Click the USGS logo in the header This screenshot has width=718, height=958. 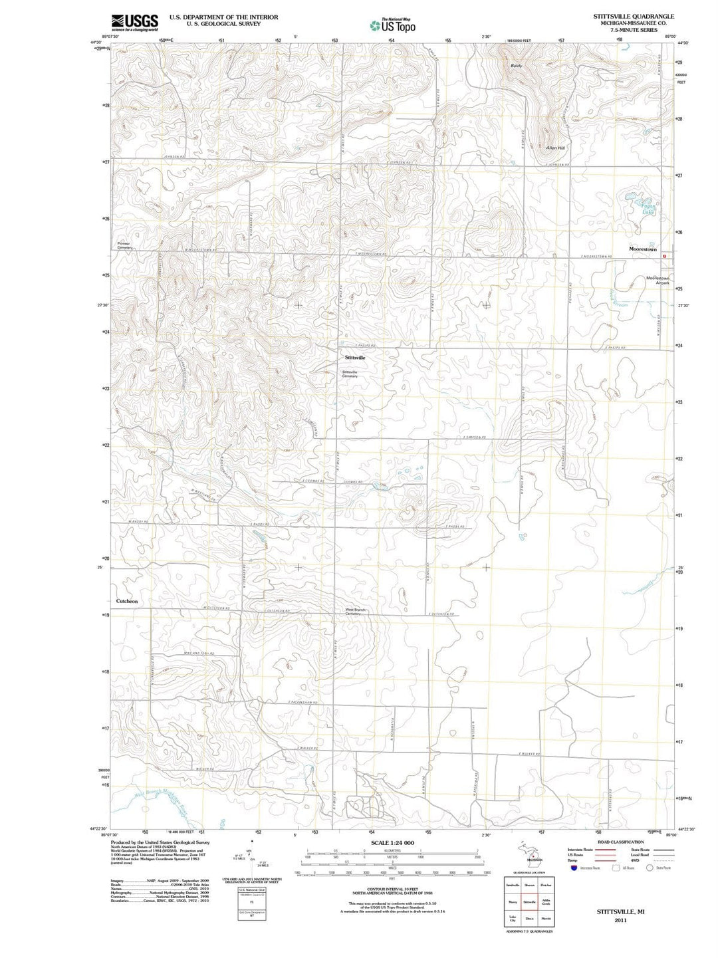(x=134, y=23)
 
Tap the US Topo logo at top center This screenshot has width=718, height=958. (x=393, y=25)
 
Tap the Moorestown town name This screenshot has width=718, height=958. (x=642, y=249)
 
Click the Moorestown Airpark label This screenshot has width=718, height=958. (x=658, y=281)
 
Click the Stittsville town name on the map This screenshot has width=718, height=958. (x=355, y=358)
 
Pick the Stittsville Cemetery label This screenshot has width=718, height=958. (x=350, y=374)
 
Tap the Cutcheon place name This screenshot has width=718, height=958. (x=127, y=601)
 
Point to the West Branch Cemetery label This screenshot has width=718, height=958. (x=354, y=612)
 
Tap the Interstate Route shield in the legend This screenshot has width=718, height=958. (x=573, y=868)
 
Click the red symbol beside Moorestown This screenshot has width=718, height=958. (x=663, y=255)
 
